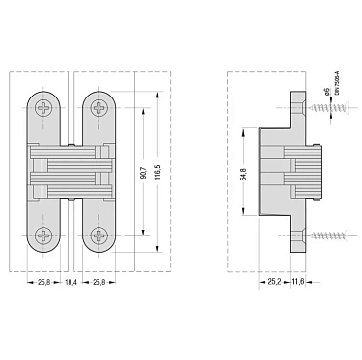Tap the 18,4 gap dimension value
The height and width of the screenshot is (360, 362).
click(x=71, y=282)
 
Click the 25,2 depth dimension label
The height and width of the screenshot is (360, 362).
click(x=273, y=282)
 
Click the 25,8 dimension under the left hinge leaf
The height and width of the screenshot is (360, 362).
click(x=46, y=282)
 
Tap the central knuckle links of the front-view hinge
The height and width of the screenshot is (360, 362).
click(x=71, y=170)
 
